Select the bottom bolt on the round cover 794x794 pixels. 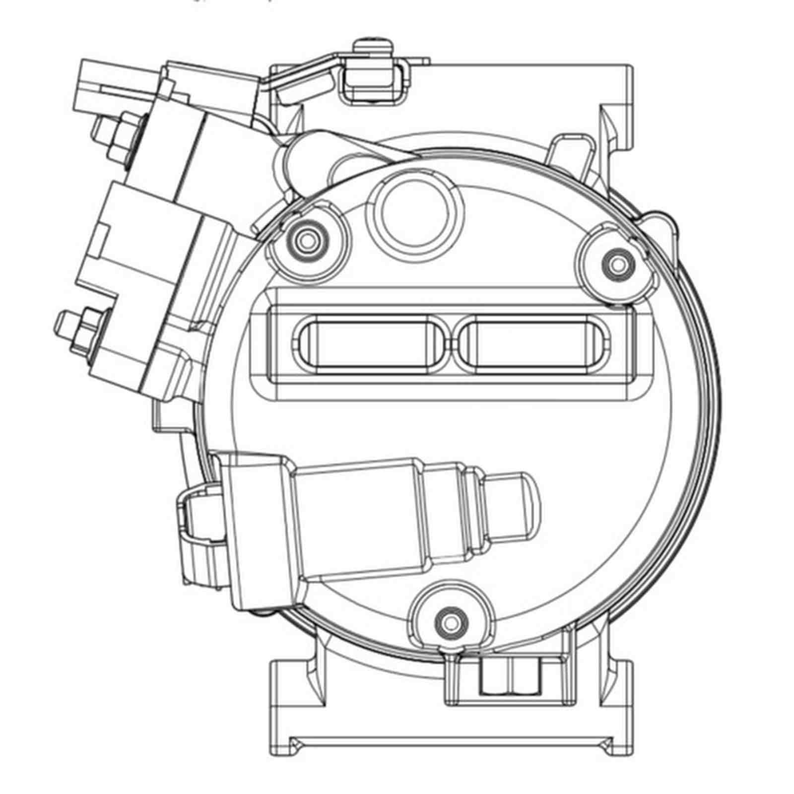[x=450, y=621]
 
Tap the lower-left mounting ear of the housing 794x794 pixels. [x=293, y=695]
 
